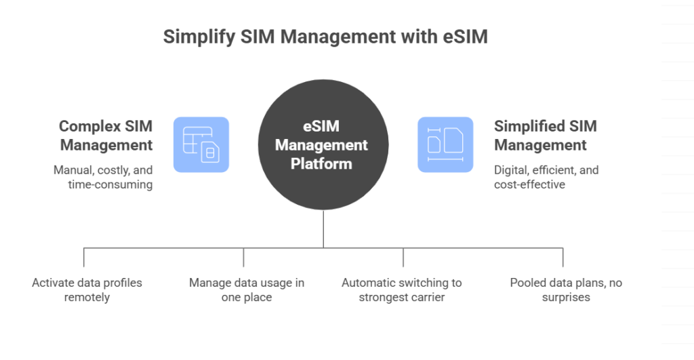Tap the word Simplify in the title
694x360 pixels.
[x=195, y=37]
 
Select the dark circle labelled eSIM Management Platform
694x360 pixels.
[x=323, y=144]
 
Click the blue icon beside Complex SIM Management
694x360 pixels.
[x=201, y=144]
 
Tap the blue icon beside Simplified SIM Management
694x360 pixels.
[x=445, y=144]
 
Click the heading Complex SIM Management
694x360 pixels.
[x=106, y=135]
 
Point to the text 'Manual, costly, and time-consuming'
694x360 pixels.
[x=103, y=176]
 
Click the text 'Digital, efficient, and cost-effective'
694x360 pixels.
[x=546, y=176]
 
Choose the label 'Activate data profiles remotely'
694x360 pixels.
[x=87, y=289]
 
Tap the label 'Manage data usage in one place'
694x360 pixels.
[x=246, y=289]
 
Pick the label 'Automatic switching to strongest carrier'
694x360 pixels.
[x=402, y=289]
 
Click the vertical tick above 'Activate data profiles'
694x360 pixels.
[x=84, y=257]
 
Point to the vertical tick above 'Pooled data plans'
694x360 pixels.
[x=563, y=257]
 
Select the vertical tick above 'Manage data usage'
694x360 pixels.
[x=243, y=257]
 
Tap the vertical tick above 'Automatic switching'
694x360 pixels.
[x=403, y=257]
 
